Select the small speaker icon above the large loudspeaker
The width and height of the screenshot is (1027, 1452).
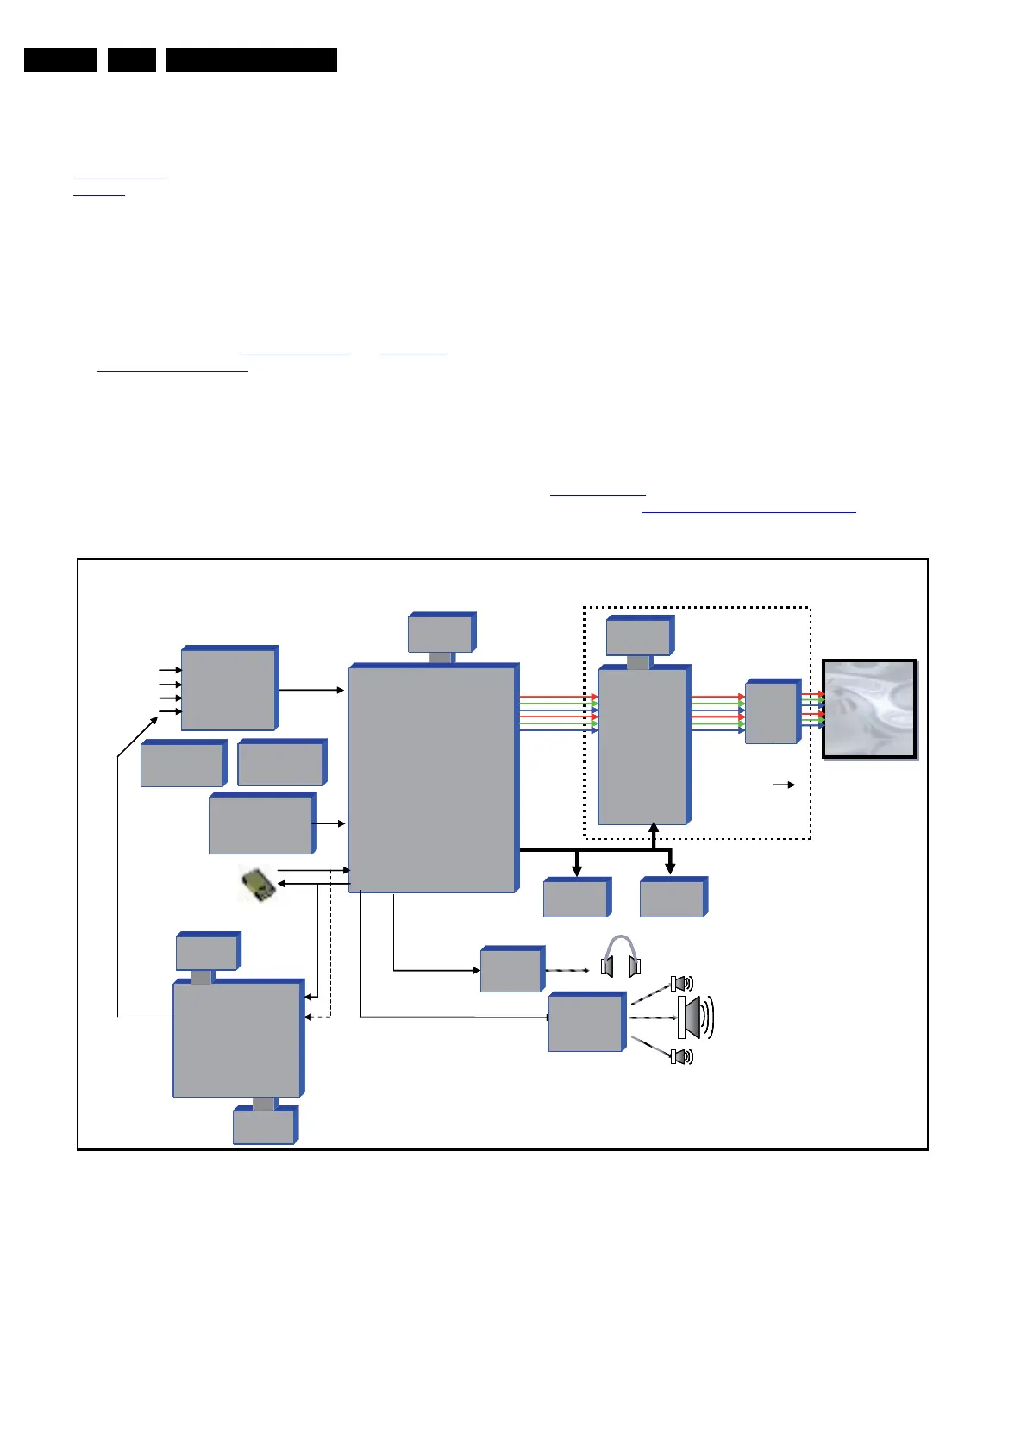(x=681, y=983)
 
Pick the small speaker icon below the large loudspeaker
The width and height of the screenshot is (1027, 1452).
(x=681, y=1056)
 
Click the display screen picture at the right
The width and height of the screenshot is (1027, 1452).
(x=869, y=709)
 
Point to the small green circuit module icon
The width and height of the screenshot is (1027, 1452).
(x=257, y=885)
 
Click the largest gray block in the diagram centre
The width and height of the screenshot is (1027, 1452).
(x=431, y=779)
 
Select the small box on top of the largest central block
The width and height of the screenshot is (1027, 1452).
(x=440, y=635)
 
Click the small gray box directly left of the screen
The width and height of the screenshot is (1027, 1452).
(x=771, y=712)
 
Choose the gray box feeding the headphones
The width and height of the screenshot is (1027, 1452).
(x=511, y=971)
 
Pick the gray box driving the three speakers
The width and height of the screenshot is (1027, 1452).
(x=586, y=1023)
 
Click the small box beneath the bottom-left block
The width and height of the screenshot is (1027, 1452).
(x=263, y=1127)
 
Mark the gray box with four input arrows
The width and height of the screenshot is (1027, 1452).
(x=229, y=690)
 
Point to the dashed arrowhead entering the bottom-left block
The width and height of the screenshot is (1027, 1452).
(x=308, y=1017)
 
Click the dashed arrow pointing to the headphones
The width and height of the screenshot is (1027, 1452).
(x=567, y=970)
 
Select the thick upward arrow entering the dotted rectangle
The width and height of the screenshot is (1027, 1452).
(x=654, y=834)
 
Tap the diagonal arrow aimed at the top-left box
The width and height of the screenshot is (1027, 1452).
(x=138, y=735)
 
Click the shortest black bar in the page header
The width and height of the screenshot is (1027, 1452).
(x=132, y=60)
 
